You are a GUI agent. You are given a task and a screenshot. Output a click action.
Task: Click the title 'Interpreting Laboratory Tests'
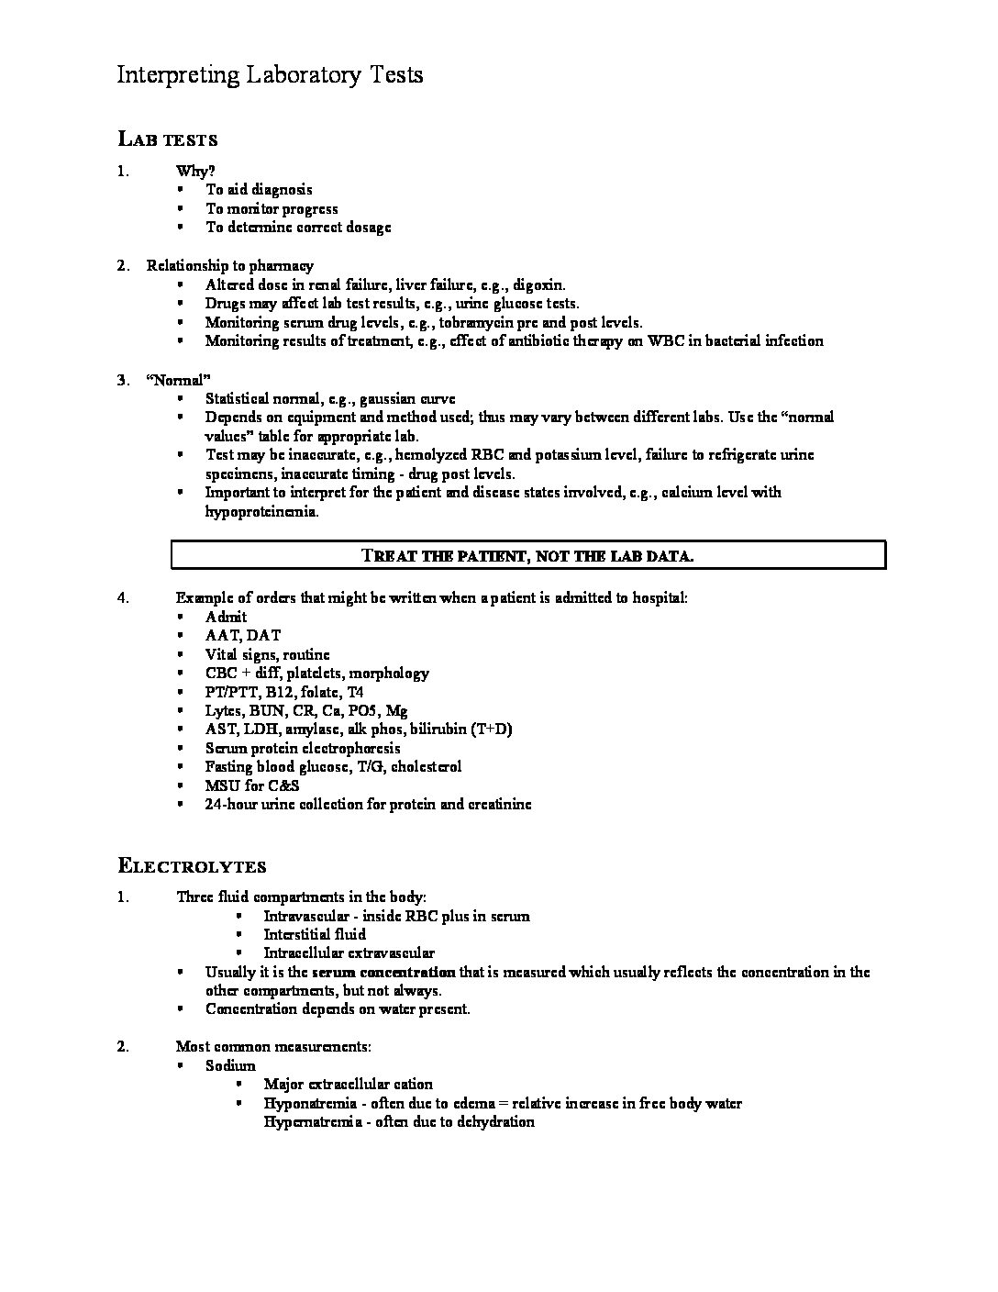click(x=270, y=75)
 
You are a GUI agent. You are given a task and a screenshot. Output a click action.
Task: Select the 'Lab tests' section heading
click(x=167, y=139)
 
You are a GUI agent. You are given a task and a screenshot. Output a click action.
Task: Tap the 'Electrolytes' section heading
click(x=192, y=865)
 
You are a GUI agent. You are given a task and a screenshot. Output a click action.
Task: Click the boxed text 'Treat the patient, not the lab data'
click(x=527, y=555)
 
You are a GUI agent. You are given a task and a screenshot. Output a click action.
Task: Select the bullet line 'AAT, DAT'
click(x=243, y=635)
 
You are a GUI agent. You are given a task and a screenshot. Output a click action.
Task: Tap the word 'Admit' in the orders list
click(x=226, y=617)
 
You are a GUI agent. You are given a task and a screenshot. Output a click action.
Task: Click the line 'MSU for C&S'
click(x=252, y=785)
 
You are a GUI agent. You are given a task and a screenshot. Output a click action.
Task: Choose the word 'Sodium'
click(x=230, y=1065)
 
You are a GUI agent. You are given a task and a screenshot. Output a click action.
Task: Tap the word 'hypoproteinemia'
click(x=261, y=511)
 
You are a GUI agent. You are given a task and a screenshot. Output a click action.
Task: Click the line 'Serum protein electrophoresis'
click(x=303, y=748)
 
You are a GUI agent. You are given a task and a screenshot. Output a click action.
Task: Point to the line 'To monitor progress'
click(x=272, y=208)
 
